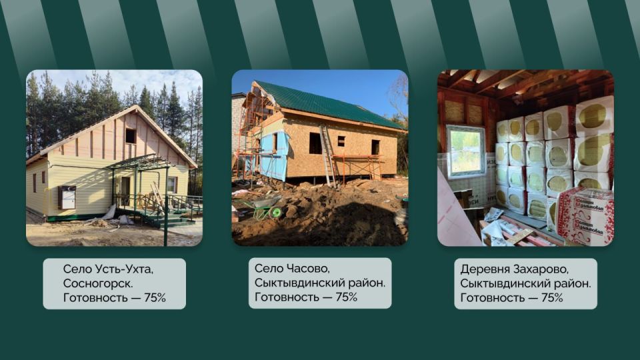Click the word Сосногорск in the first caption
97,283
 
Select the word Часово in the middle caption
308,268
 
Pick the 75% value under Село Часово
346,297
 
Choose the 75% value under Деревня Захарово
552,297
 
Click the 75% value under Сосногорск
155,297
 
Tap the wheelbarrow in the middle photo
263,207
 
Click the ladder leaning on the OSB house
328,156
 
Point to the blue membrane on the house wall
274,154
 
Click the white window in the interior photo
466,152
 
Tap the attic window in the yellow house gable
131,136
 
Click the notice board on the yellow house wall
67,197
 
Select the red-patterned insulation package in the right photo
584,215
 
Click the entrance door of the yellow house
125,191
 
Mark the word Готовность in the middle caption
285,297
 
